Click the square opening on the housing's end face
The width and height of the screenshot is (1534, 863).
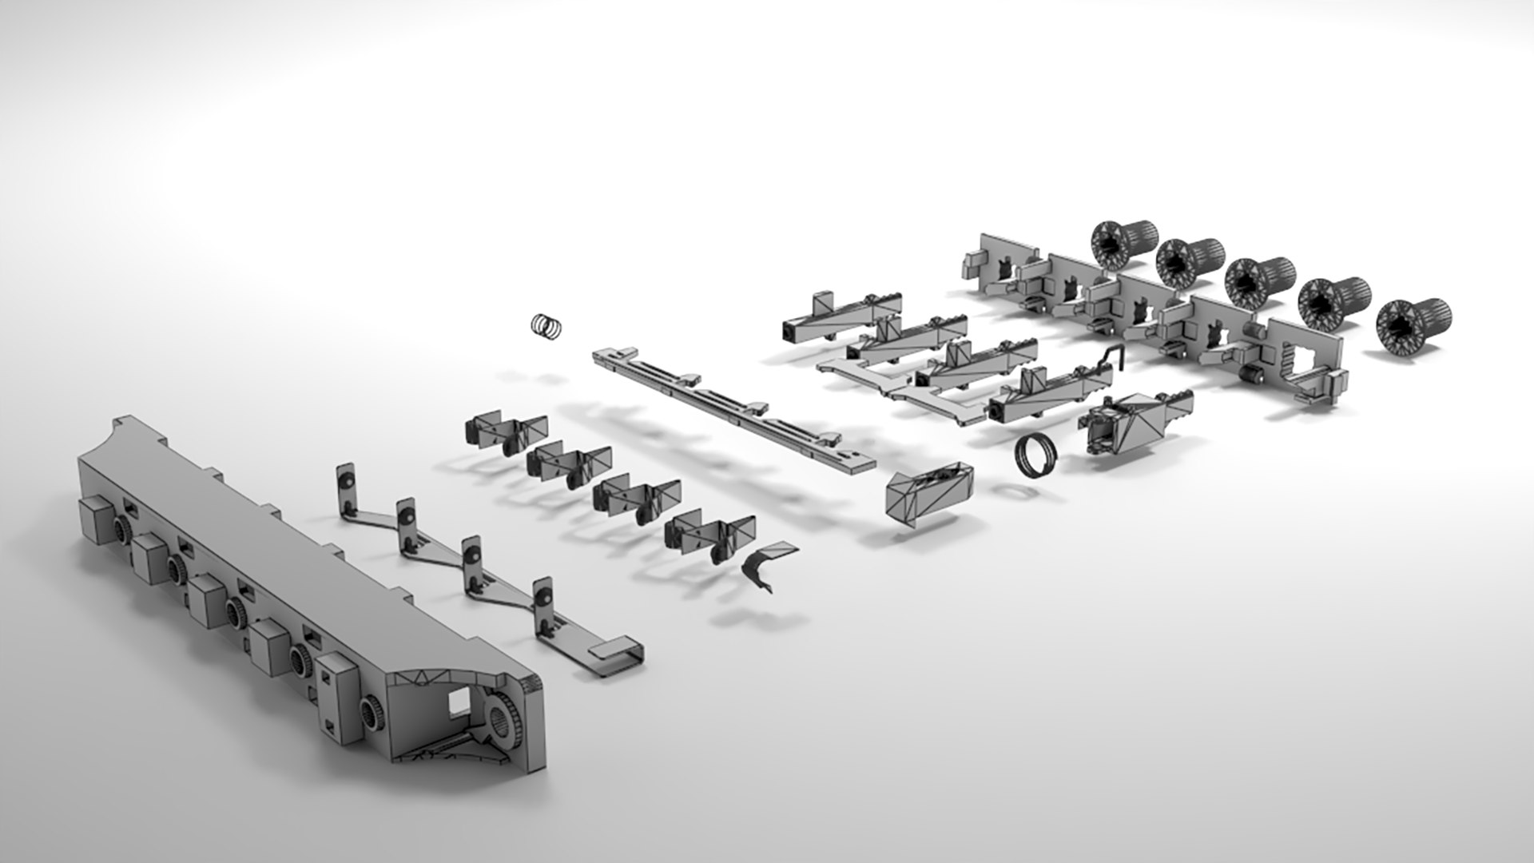(459, 702)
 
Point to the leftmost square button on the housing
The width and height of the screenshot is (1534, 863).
(94, 519)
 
